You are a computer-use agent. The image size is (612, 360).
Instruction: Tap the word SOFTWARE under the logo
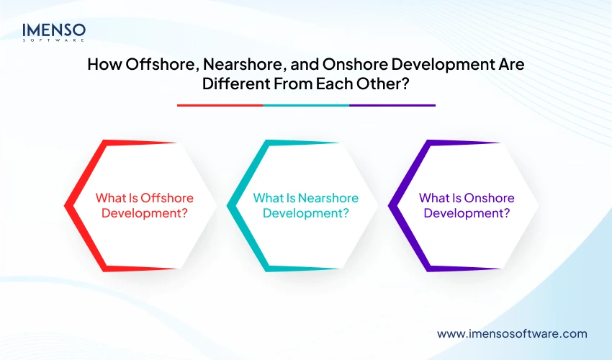click(x=54, y=42)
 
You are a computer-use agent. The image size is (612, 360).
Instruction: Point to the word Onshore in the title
click(x=347, y=64)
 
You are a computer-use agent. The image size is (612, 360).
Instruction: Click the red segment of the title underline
click(x=220, y=105)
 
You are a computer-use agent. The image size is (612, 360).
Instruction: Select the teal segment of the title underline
click(x=306, y=105)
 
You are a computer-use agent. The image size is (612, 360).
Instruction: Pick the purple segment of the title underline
click(x=392, y=105)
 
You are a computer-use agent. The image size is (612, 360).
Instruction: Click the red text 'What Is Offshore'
click(x=145, y=198)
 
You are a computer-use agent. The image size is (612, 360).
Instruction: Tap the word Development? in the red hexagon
click(x=145, y=213)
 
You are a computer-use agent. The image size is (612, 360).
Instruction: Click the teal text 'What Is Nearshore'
click(x=306, y=198)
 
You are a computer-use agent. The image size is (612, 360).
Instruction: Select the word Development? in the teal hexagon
click(x=306, y=213)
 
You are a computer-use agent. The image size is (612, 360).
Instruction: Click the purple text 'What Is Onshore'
click(x=467, y=198)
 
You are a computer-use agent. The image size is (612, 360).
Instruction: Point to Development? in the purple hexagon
click(x=467, y=213)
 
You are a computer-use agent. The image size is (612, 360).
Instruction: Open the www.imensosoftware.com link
click(x=512, y=333)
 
